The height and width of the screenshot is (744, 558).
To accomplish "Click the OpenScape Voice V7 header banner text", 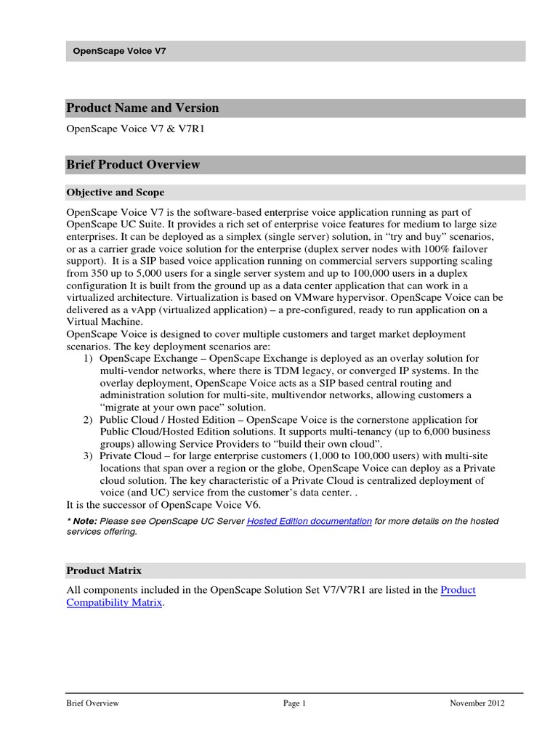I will coord(121,51).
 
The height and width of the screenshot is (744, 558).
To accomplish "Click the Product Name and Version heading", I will coord(142,108).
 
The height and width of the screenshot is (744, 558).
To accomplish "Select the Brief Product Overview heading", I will coord(133,165).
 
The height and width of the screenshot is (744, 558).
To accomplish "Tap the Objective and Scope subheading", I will coord(115,193).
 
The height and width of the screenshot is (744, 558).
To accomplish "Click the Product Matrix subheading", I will coord(104,570).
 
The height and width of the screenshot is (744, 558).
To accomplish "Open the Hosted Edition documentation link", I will coord(310,521).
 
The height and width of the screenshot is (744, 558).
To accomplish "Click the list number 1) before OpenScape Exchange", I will coord(87,358).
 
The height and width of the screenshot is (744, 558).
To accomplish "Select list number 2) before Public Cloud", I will coord(87,419).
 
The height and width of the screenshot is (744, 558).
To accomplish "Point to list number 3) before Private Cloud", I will coord(87,456).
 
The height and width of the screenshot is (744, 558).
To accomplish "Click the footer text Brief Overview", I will coord(92,703).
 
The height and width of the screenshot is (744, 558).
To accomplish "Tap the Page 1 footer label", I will coord(295,703).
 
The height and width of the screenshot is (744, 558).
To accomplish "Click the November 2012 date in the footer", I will coord(477,703).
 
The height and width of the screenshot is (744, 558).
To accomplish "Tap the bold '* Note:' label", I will coord(81,521).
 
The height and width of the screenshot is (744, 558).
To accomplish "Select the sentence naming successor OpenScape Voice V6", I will coord(163,505).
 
